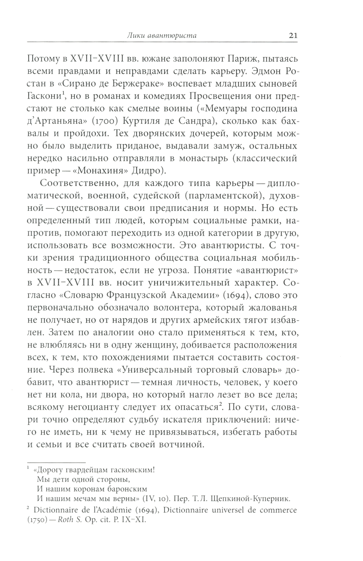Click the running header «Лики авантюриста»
point(163,36)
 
